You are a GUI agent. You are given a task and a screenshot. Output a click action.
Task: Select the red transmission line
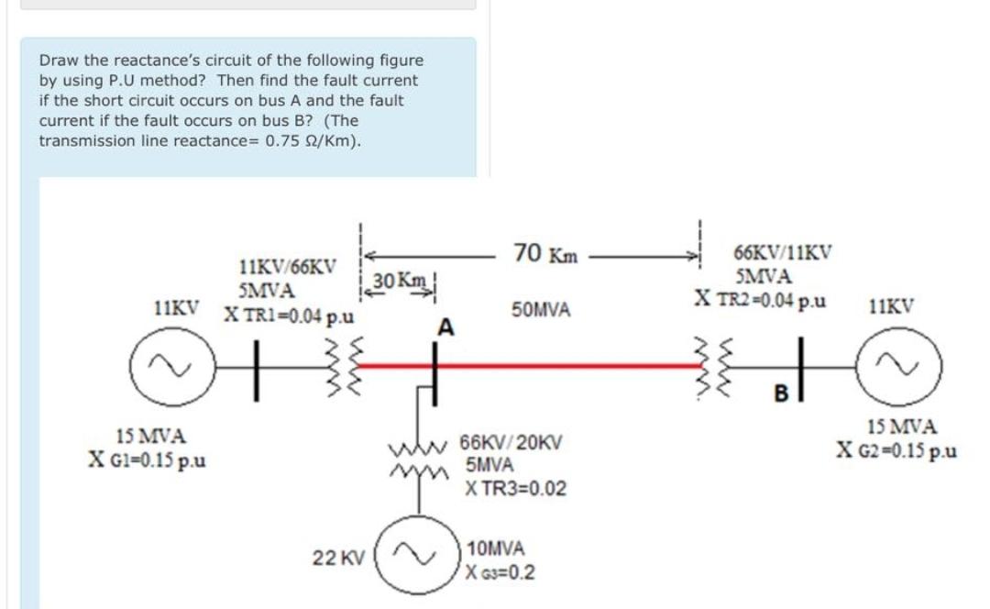[x=568, y=365]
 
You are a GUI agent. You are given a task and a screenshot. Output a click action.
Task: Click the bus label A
[x=446, y=327]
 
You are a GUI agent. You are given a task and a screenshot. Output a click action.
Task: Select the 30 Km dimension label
[x=391, y=280]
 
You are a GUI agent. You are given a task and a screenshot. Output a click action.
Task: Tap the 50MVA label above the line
[x=541, y=312]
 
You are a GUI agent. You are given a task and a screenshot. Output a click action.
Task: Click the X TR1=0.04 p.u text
[x=291, y=316]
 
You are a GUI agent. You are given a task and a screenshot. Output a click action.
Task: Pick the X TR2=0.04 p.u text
[x=760, y=298]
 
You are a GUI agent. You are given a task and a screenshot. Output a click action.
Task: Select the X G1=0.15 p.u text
[x=147, y=459]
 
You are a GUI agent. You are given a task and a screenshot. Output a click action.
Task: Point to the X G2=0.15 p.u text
[x=896, y=450]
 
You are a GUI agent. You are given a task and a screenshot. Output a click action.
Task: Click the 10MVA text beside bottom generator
[x=496, y=549]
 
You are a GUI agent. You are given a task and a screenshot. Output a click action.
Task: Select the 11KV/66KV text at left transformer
[x=286, y=269]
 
